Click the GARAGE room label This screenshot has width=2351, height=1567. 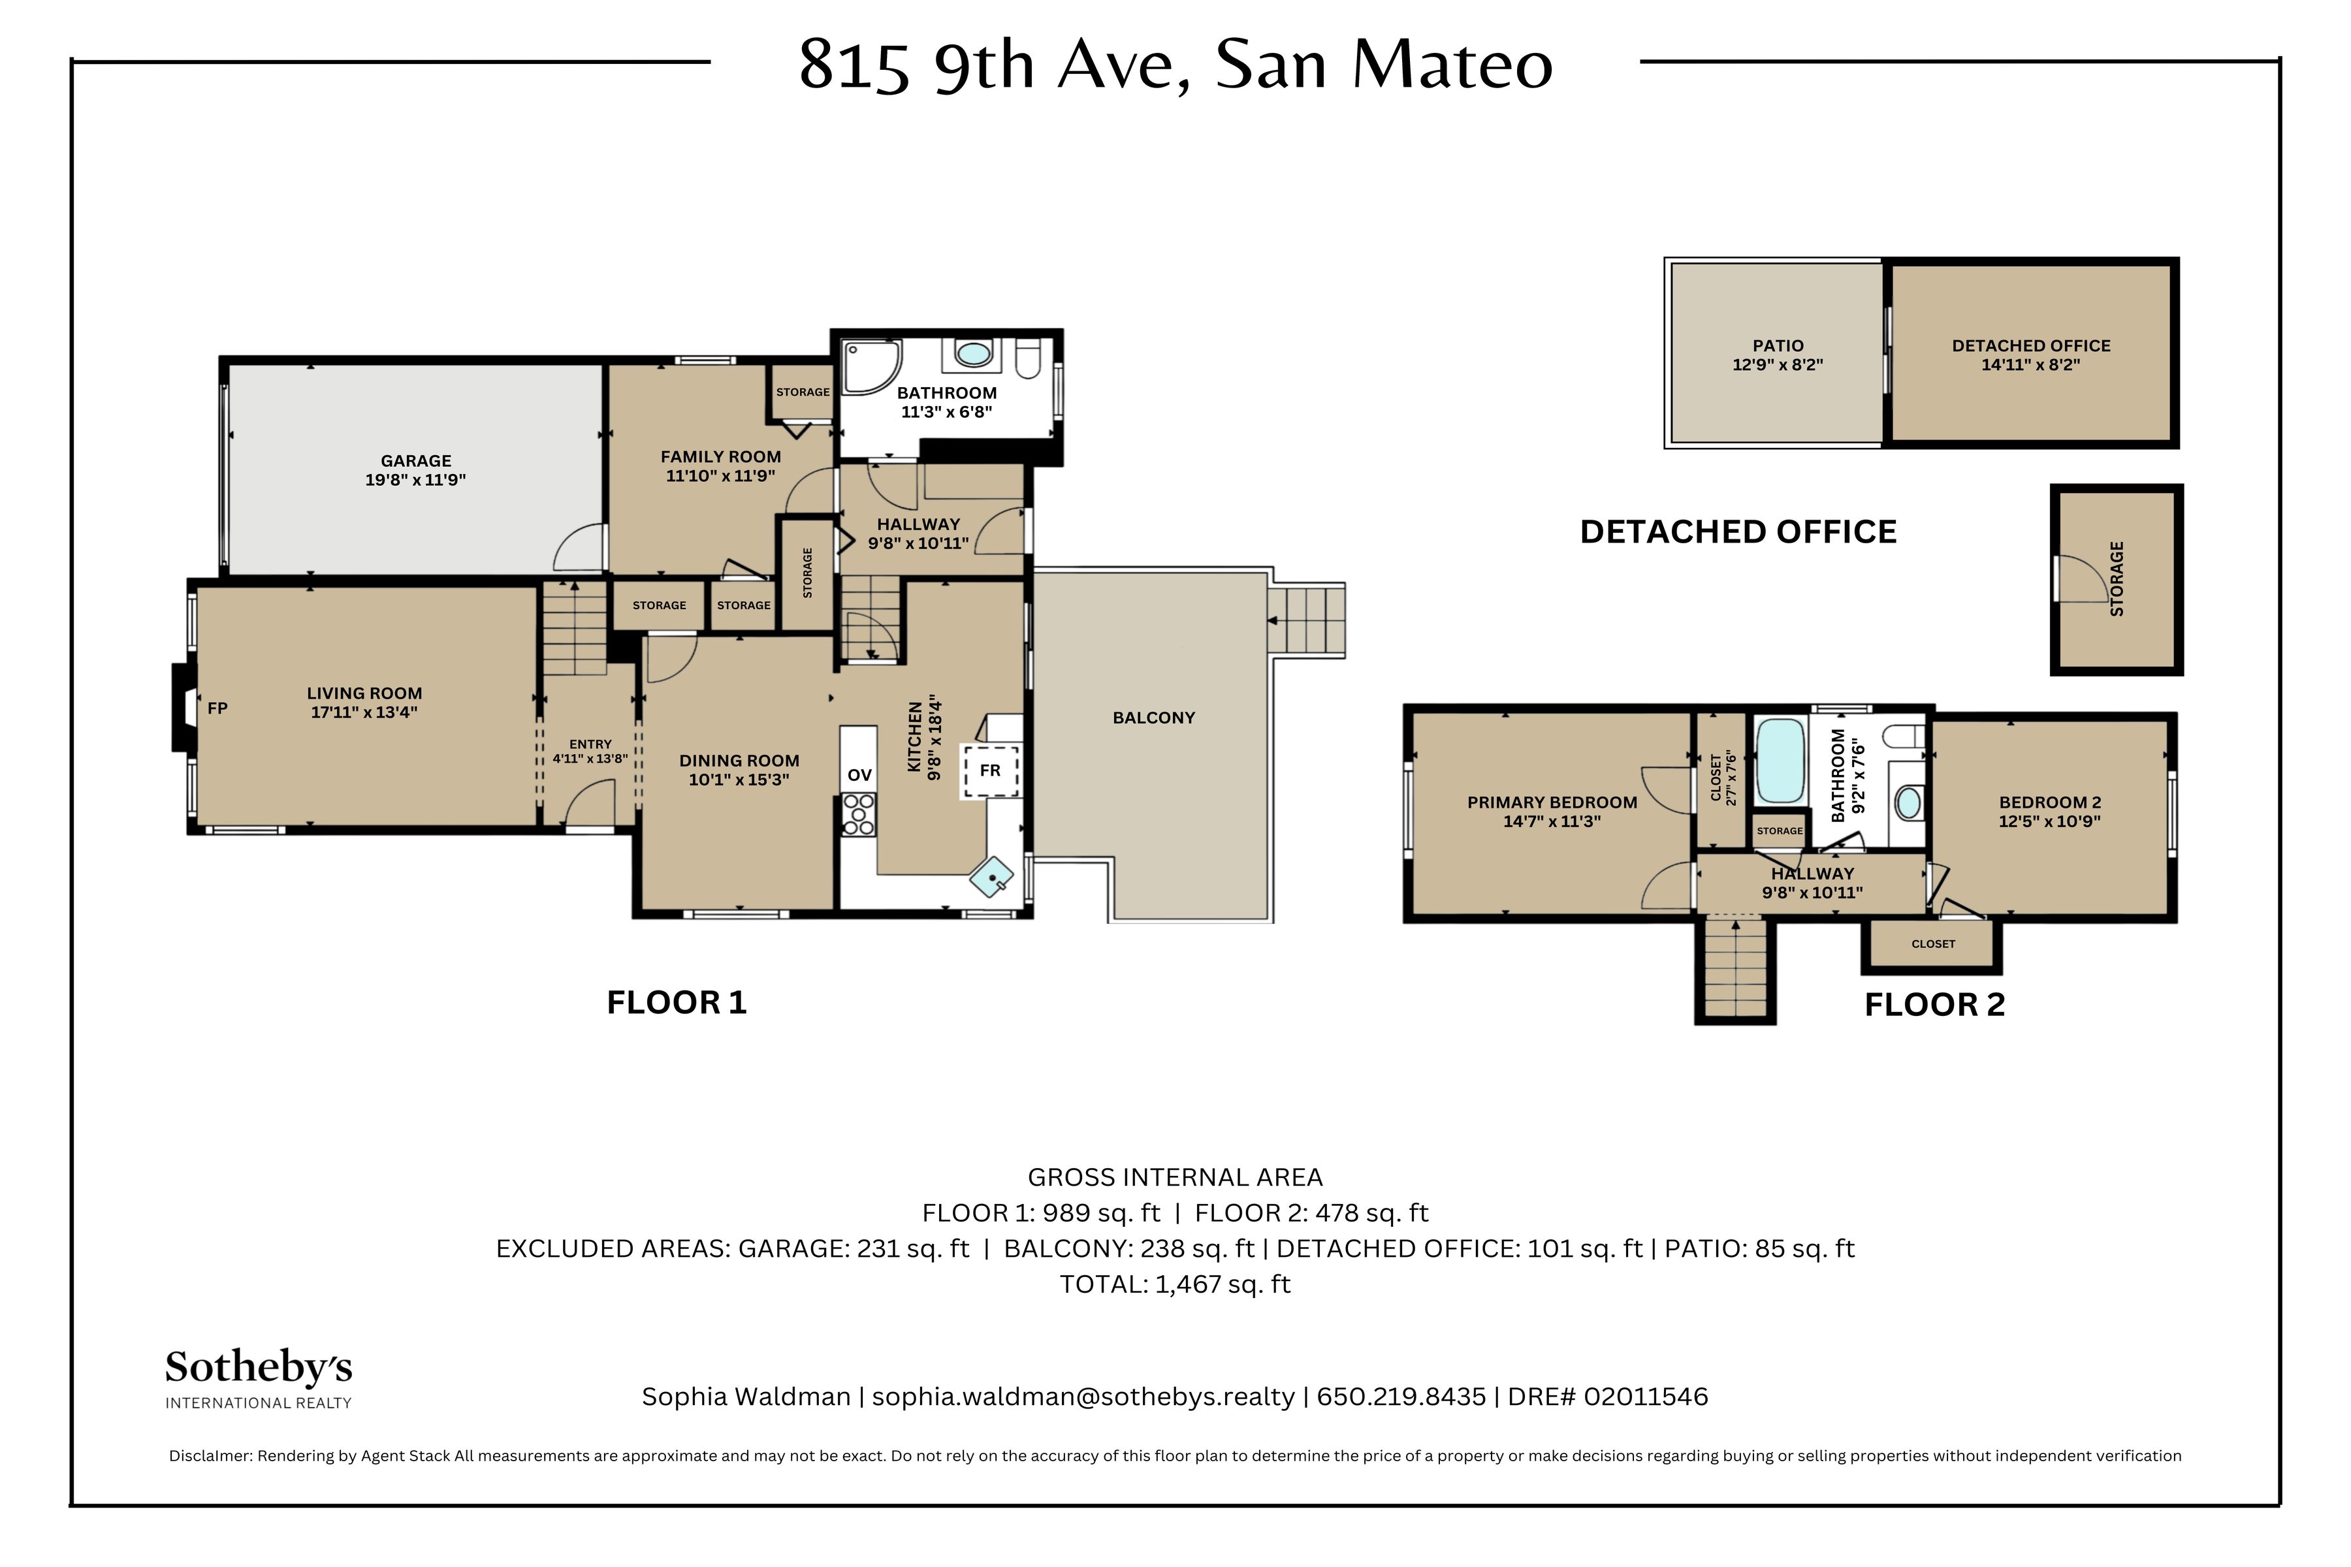point(416,469)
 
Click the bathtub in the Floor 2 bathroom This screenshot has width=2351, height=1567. point(1780,761)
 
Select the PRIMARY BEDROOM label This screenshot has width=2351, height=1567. point(1552,812)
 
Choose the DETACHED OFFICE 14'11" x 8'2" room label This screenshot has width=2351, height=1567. point(2031,355)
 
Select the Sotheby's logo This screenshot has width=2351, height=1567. point(259,1379)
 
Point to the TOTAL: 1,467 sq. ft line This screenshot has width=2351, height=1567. point(1175,1284)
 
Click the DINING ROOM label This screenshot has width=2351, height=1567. point(740,770)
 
